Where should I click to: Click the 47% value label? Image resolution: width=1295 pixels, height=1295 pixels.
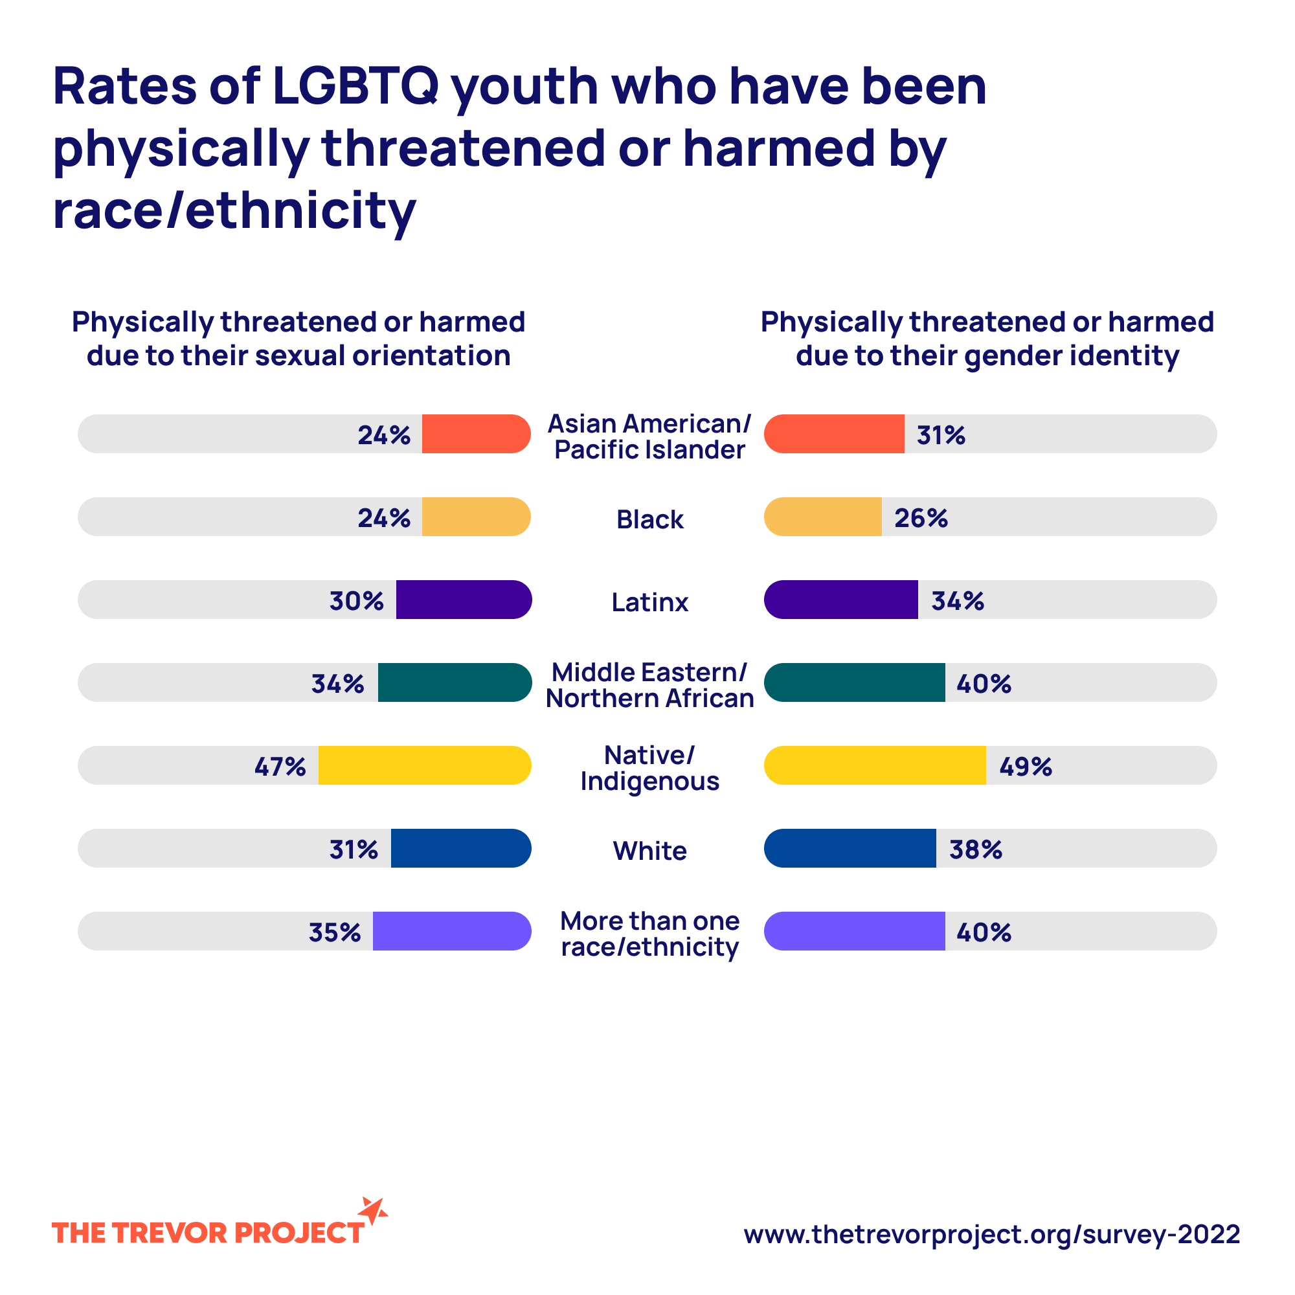pos(280,766)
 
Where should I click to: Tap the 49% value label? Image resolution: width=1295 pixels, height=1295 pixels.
pos(1025,766)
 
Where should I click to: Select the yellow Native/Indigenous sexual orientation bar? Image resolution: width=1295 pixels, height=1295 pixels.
pos(424,765)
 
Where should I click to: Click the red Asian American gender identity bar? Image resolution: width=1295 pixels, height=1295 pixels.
pos(834,434)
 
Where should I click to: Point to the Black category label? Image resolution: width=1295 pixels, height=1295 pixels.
pos(649,519)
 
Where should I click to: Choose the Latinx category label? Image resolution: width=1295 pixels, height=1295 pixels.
pos(649,602)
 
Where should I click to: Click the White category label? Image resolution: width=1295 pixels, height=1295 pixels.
pos(649,851)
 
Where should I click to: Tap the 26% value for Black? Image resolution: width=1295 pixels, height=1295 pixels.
pos(920,518)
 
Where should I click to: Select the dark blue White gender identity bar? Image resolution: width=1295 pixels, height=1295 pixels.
pos(850,849)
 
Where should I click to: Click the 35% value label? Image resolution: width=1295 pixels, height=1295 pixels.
pos(335,932)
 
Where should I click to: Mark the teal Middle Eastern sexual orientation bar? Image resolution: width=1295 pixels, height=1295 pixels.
pos(455,682)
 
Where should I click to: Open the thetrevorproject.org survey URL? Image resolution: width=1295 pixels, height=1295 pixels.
pos(991,1234)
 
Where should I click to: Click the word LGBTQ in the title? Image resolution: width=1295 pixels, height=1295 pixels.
pos(355,87)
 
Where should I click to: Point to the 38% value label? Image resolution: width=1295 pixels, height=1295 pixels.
pos(975,850)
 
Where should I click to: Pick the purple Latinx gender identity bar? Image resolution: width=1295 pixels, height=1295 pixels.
pos(840,599)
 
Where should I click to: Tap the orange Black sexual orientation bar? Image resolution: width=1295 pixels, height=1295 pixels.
pos(476,517)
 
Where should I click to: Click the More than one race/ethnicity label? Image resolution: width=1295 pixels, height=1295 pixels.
pos(649,934)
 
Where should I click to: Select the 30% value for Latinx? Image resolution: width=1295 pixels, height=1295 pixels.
pos(356,602)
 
